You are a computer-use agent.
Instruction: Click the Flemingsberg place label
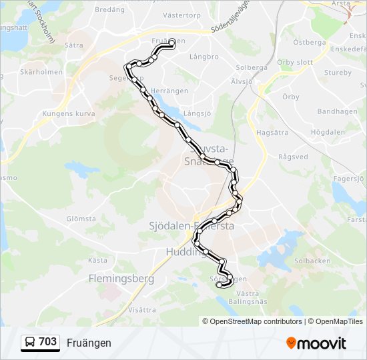[121, 279]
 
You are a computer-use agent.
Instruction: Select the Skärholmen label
[41, 72]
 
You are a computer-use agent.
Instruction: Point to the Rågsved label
[293, 157]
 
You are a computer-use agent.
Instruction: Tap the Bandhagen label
[337, 111]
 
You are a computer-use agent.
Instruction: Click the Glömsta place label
[81, 219]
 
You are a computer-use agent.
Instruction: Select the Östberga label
[309, 41]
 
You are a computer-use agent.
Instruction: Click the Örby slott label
[294, 62]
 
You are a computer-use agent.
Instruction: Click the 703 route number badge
[40, 342]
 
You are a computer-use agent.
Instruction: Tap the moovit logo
[316, 343]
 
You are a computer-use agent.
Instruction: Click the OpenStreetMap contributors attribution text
[252, 321]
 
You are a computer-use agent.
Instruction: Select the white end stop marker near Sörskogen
[220, 285]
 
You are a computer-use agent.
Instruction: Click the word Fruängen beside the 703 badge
[89, 343]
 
